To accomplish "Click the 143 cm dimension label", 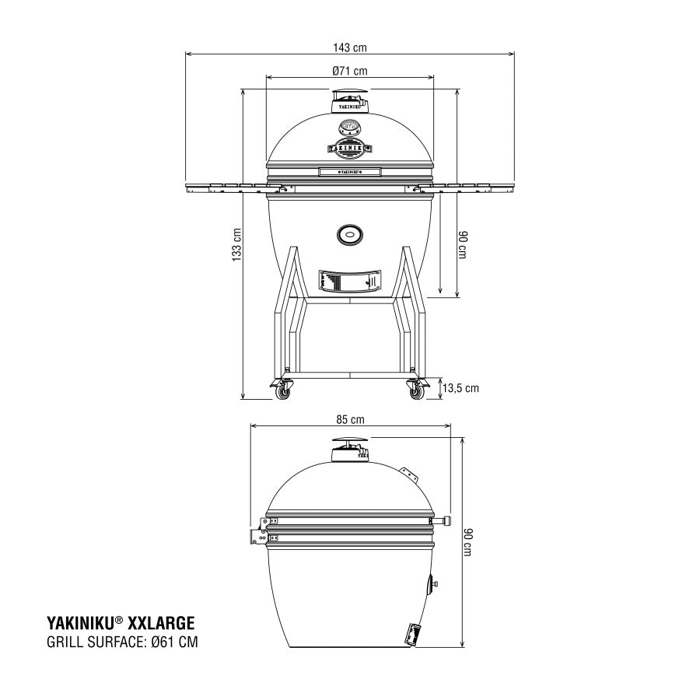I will coord(349,47).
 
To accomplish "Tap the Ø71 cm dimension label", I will coord(349,71).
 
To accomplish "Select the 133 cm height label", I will coord(237,243).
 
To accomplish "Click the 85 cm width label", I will coord(350,419).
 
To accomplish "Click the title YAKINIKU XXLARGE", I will coord(121,622).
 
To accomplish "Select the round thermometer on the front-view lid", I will coord(349,126).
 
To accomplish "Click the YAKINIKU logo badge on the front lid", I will coord(349,145).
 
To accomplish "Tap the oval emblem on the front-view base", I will coord(349,233).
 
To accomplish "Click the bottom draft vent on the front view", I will coord(349,280).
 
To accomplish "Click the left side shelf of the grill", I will coord(226,187).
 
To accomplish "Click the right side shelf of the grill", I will coord(474,187).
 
